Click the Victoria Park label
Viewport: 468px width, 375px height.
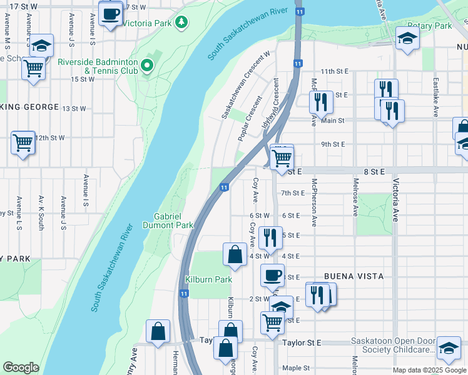(148, 24)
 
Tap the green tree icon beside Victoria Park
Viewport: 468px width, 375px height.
(182, 23)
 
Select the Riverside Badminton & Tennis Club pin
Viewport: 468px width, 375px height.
(148, 65)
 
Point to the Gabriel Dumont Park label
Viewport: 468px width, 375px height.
(168, 221)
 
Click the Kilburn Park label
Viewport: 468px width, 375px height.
(208, 279)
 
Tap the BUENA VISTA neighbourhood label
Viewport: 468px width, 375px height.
(353, 276)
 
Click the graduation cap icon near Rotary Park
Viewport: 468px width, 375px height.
(407, 39)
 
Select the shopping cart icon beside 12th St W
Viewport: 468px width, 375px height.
(23, 142)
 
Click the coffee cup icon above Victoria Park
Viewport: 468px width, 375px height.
(111, 12)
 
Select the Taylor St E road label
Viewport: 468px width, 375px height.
(300, 343)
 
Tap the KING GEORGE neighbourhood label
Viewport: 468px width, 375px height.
(28, 107)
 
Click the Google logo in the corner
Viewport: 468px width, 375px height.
(21, 367)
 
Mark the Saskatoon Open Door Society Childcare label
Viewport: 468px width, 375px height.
(392, 346)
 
